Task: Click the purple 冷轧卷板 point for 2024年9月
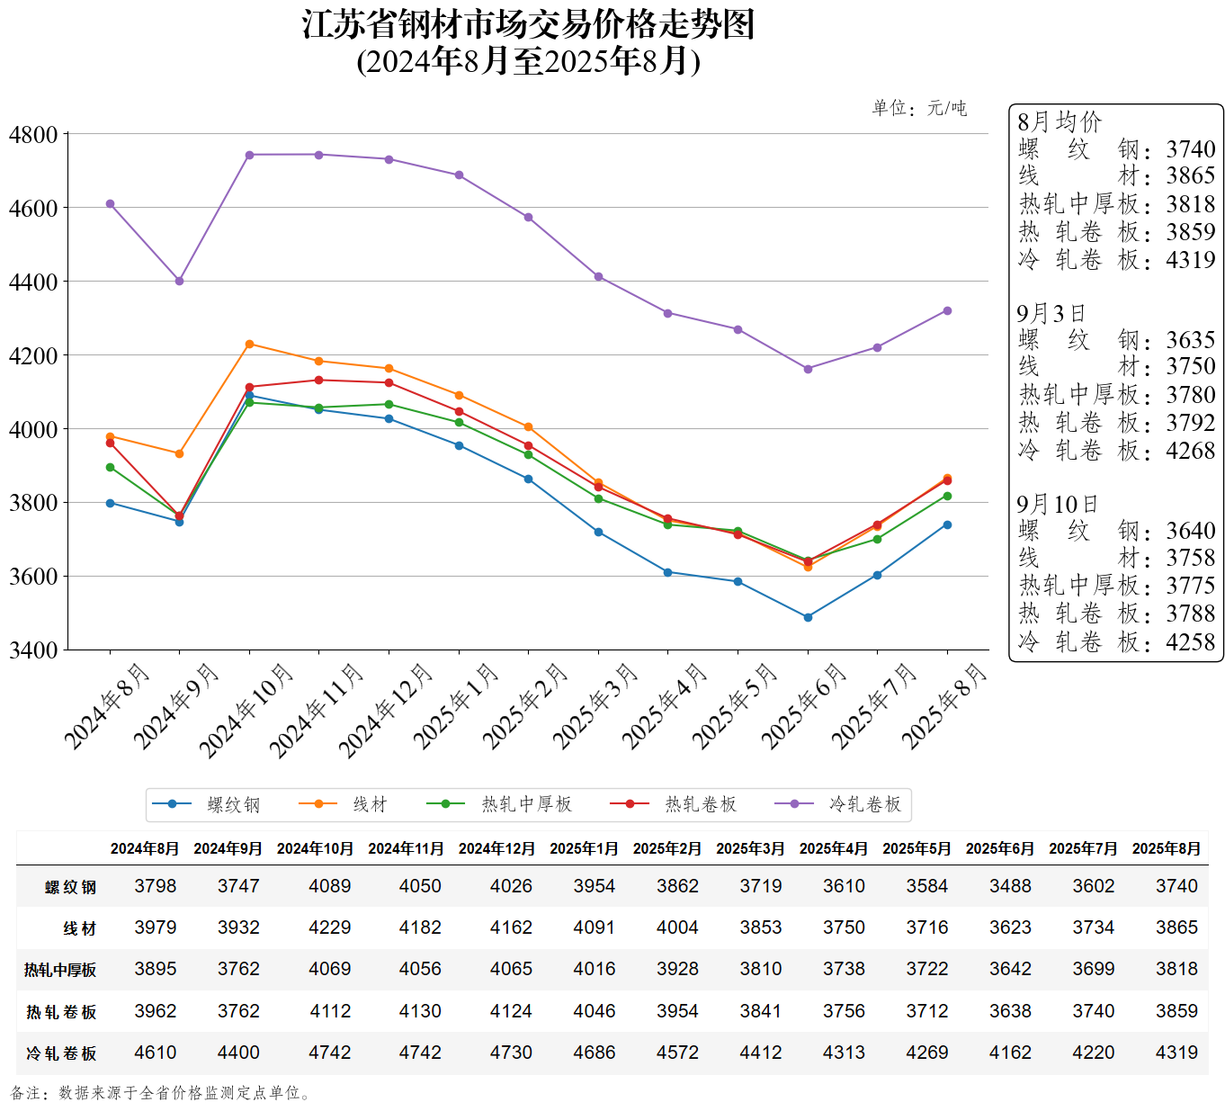pos(180,281)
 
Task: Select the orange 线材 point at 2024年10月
pos(249,344)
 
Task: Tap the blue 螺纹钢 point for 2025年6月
pos(808,617)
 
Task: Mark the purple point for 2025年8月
pos(947,311)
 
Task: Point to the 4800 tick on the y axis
pos(33,135)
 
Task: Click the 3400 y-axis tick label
pos(33,650)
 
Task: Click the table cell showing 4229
pos(330,927)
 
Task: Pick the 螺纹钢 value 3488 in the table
pos(1010,886)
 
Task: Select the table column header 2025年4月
pos(834,848)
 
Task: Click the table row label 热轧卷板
pos(61,1012)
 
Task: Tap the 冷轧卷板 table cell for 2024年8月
pos(156,1053)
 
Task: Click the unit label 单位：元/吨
pos(919,109)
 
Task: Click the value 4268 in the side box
pos(1190,451)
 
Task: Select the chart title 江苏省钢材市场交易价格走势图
pos(528,25)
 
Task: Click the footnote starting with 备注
pos(162,1093)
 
